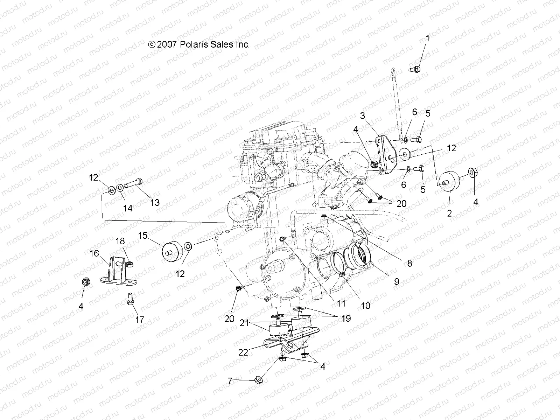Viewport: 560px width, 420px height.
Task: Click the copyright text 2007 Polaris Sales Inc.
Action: click(199, 44)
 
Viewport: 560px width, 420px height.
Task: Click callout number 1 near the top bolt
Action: click(427, 39)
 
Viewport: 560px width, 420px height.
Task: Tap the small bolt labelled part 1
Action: click(415, 69)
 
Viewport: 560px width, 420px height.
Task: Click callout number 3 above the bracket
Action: click(363, 126)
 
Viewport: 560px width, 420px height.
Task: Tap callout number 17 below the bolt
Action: click(139, 320)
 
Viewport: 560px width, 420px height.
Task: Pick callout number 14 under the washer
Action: click(128, 208)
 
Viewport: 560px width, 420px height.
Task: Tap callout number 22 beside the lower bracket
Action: click(243, 352)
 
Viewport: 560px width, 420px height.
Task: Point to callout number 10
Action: click(365, 306)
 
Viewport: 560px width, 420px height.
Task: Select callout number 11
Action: click(341, 303)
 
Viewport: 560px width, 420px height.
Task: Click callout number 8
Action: click(409, 263)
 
